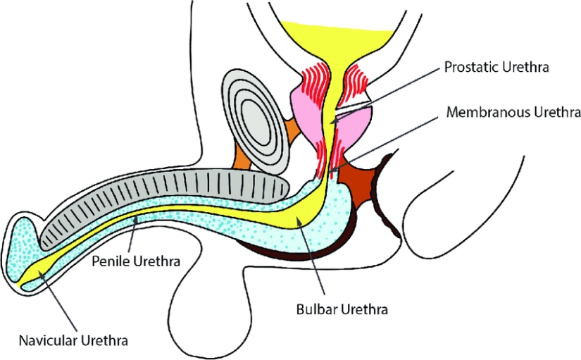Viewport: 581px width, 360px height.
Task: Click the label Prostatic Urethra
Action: [496, 68]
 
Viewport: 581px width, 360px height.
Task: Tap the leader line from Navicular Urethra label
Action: [60, 303]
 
